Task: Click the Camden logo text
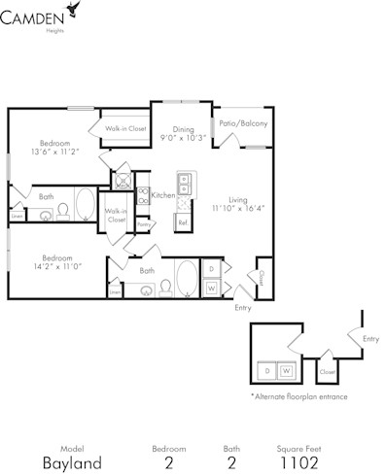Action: (33, 16)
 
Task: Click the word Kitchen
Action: (162, 195)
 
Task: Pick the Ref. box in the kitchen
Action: (182, 222)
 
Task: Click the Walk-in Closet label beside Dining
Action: (126, 129)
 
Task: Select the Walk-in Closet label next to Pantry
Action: (116, 216)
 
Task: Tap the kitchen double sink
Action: (184, 183)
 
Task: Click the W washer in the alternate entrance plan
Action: (285, 370)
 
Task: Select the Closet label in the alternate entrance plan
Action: (327, 372)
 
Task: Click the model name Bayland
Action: (71, 462)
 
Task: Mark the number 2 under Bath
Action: (232, 462)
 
